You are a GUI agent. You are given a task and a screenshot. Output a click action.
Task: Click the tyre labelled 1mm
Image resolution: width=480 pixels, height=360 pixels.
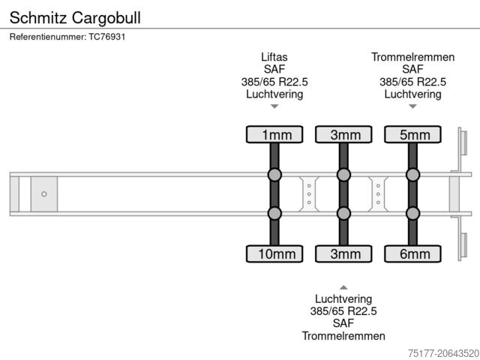tap(274, 135)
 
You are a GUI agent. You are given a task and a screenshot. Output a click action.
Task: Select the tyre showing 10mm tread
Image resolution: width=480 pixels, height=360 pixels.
tap(274, 254)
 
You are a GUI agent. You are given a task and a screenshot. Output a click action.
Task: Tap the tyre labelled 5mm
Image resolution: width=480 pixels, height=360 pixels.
tap(413, 135)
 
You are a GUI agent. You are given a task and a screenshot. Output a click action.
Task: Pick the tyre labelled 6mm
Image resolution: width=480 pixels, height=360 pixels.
tap(413, 254)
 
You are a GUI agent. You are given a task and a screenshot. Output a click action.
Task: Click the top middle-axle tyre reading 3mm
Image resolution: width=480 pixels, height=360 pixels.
tap(343, 135)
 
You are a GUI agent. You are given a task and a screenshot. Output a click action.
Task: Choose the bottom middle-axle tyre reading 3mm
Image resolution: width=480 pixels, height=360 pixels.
tap(343, 254)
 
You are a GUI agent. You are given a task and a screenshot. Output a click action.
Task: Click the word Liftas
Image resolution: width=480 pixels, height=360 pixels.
tap(274, 57)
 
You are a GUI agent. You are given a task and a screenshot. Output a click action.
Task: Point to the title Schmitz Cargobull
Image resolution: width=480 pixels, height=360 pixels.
tap(75, 16)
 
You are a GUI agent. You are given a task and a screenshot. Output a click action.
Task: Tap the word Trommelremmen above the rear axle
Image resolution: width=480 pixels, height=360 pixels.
tap(412, 57)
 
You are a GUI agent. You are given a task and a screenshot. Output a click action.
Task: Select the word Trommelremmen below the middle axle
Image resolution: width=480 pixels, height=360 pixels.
tap(343, 336)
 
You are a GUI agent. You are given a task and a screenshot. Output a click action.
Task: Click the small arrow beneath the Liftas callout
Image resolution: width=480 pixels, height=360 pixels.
tap(274, 106)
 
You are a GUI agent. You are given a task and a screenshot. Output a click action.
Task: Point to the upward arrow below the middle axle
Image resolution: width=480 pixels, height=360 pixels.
tap(343, 287)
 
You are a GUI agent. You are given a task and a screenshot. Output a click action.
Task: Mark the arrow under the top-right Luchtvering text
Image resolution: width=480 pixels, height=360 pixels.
tap(412, 106)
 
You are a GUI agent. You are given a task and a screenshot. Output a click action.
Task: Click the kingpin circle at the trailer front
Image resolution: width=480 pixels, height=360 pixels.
tap(44, 194)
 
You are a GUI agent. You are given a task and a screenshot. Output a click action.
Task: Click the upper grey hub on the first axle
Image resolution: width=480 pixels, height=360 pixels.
tap(274, 175)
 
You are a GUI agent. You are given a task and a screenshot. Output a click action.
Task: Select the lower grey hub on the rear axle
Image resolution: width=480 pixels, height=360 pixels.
tap(413, 214)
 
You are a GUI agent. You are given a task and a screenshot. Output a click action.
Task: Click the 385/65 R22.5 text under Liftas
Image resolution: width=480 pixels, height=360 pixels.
tap(274, 82)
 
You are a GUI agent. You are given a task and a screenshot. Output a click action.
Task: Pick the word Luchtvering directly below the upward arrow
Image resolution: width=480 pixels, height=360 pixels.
tap(343, 298)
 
